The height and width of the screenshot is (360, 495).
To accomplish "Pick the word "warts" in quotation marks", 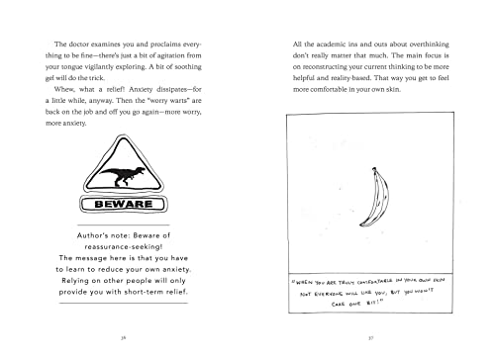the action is [x=158, y=112].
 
